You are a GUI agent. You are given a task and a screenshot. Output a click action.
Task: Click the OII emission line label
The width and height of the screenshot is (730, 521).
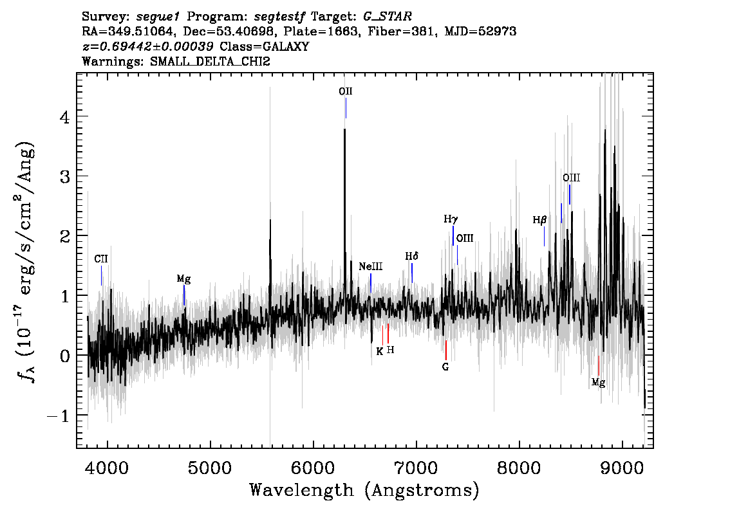[346, 91]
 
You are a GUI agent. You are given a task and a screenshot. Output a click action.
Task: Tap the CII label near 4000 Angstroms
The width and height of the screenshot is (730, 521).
[101, 259]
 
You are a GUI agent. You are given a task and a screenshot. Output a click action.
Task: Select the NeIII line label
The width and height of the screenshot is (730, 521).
[371, 266]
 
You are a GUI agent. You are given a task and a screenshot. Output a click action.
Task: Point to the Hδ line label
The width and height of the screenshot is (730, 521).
[411, 256]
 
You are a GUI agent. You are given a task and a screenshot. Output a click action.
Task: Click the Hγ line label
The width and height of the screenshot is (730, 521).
[451, 219]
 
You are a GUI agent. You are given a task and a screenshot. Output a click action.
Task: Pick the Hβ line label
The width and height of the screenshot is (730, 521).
[539, 220]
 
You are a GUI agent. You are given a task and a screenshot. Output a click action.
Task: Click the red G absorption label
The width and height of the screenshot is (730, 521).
[445, 367]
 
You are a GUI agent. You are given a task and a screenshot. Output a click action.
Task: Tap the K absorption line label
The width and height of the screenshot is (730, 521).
[380, 352]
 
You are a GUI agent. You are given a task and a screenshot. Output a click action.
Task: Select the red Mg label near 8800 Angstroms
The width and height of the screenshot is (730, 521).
[598, 383]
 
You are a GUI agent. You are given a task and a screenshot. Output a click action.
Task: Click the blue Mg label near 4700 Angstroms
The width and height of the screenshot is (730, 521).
[183, 279]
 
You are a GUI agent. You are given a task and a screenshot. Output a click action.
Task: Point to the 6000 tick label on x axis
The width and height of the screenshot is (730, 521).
[313, 468]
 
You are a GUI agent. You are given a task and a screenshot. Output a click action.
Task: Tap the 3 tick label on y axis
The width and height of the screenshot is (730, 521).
[64, 176]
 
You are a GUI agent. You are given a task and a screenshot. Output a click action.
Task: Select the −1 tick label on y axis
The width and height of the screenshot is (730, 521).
[58, 416]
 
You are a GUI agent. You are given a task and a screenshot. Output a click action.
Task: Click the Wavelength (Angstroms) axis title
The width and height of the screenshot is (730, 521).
[364, 490]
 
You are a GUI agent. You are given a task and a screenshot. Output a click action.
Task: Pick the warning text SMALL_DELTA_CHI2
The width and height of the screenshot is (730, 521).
[210, 61]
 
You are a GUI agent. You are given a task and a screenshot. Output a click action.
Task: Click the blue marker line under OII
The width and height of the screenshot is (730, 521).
[346, 109]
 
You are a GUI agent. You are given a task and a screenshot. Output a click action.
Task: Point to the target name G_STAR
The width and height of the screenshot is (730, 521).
[388, 17]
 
